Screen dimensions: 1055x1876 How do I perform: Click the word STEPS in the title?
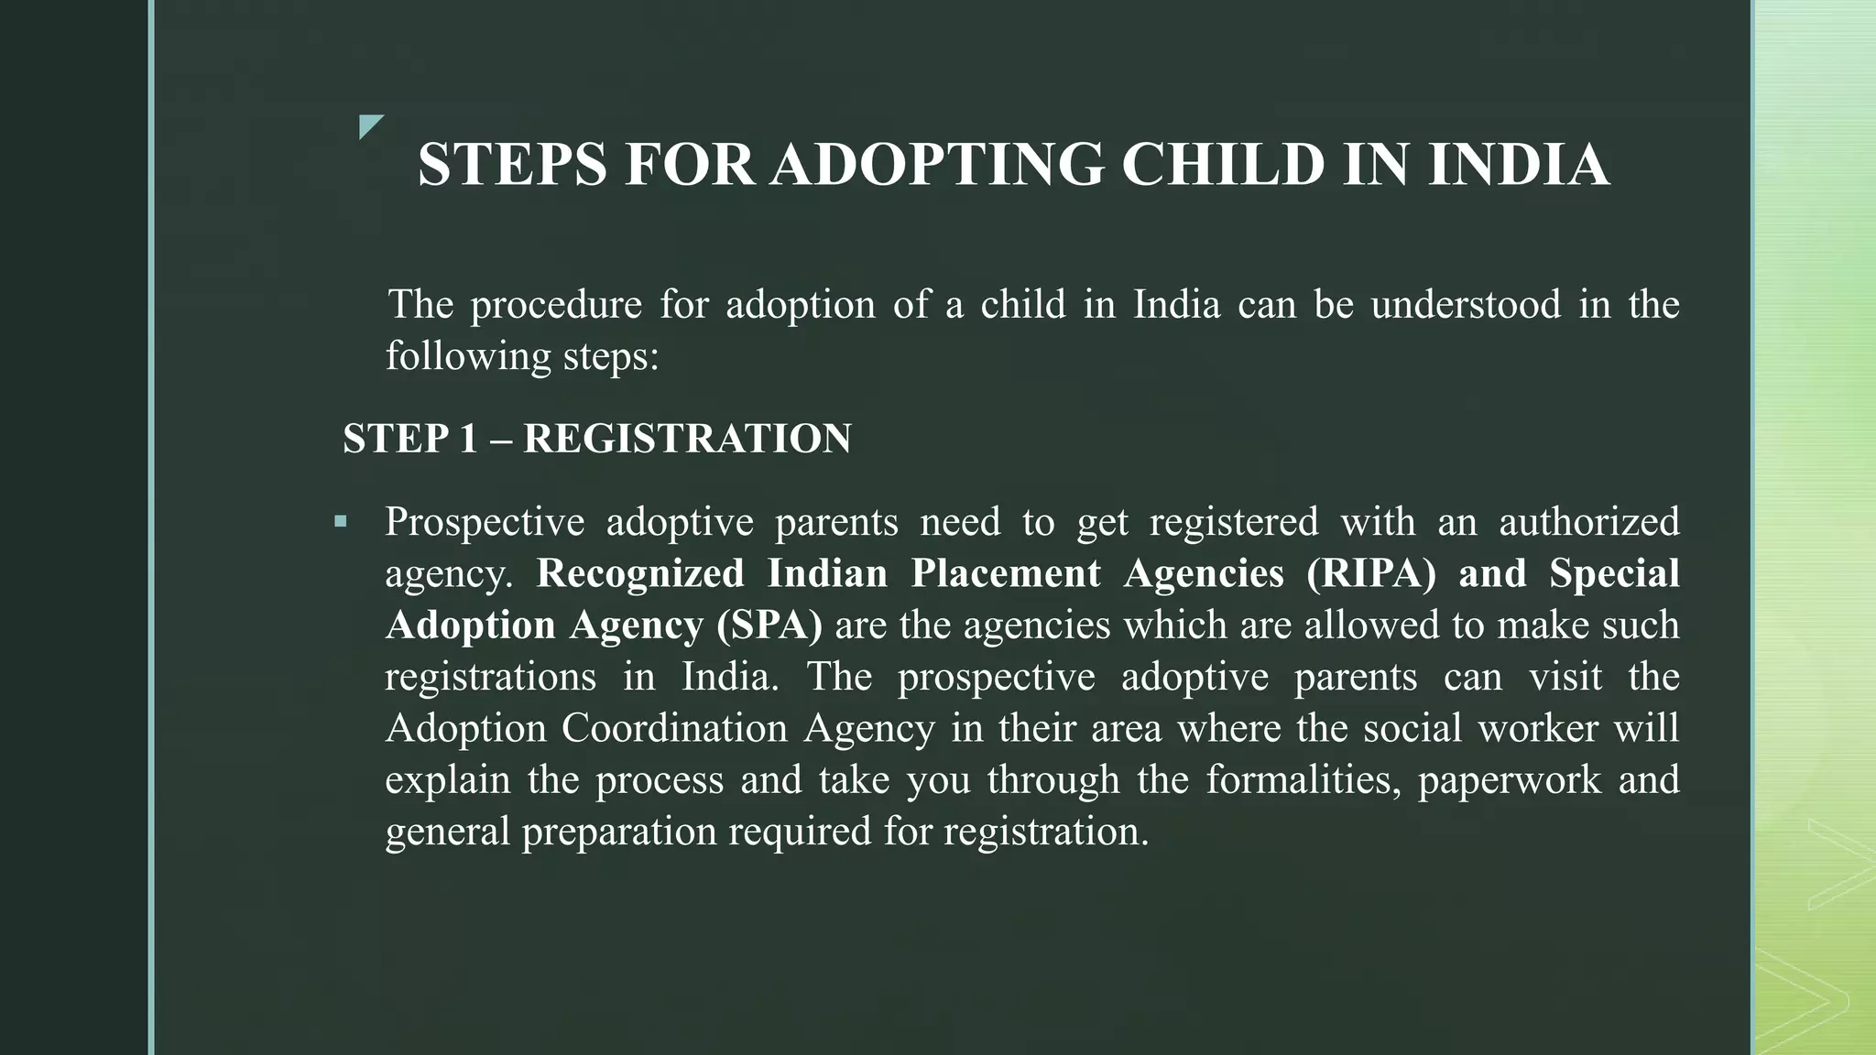(x=512, y=166)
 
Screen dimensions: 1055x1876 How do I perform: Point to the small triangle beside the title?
(x=370, y=126)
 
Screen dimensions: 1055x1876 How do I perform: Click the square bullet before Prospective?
(x=341, y=522)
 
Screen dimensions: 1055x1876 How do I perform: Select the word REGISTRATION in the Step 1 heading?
(x=687, y=439)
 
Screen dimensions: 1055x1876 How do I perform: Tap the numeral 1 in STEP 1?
(x=468, y=439)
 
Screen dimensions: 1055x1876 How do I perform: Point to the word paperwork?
(x=1509, y=780)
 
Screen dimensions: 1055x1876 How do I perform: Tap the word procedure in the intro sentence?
(x=556, y=305)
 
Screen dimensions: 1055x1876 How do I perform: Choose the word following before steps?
(x=467, y=356)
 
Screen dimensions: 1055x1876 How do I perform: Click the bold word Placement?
(x=1006, y=573)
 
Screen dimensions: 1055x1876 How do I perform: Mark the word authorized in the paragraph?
(x=1588, y=522)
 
